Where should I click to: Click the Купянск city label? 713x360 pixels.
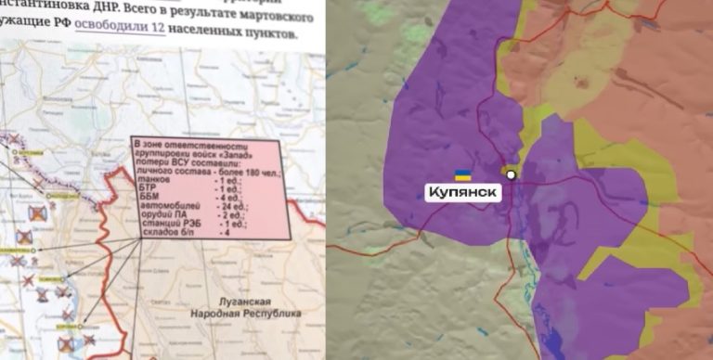pos(463,192)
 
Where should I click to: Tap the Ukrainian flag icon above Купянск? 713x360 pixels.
pos(461,174)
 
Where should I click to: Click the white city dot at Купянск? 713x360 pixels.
pos(511,174)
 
